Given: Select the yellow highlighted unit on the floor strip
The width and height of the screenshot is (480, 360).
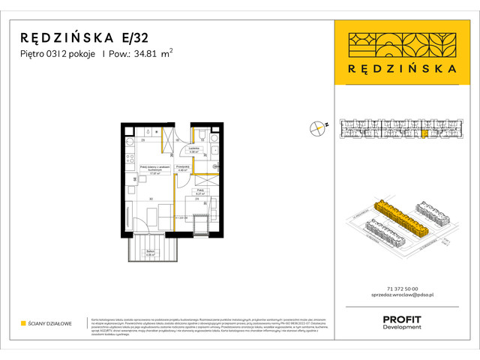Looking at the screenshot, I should [x=425, y=134].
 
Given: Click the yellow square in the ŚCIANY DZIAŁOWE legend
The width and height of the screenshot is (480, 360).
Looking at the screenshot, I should [x=23, y=323].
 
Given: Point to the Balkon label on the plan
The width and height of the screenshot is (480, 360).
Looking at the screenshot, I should [x=149, y=253].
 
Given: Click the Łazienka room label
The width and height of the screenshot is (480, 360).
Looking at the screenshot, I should [x=193, y=149].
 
